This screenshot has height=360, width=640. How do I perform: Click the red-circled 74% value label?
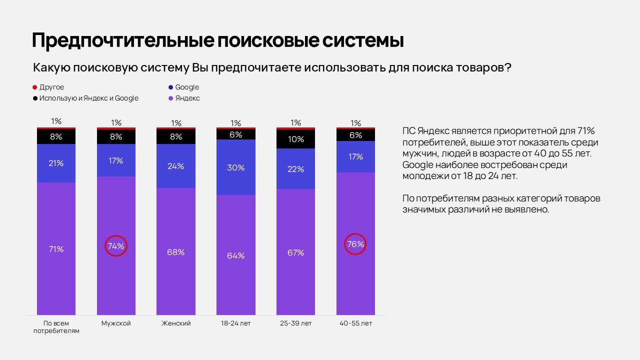[116, 245]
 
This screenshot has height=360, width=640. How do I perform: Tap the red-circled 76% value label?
[355, 244]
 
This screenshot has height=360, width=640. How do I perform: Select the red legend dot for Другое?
[35, 87]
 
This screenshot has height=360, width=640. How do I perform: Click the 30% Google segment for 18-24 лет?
[235, 167]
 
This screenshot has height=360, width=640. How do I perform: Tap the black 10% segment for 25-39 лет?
[295, 139]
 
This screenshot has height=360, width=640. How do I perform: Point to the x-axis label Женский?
[176, 323]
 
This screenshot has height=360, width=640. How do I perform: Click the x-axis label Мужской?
[116, 323]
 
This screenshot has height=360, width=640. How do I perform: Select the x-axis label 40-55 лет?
[355, 323]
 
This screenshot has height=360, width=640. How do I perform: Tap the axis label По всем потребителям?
[56, 327]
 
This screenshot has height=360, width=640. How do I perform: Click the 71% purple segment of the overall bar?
[56, 248]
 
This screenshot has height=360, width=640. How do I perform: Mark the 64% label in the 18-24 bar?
[235, 255]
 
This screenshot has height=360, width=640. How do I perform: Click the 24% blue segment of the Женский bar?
[176, 166]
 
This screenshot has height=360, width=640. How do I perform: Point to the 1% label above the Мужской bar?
[116, 122]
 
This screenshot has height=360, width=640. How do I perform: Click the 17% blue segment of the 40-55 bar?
[355, 156]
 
